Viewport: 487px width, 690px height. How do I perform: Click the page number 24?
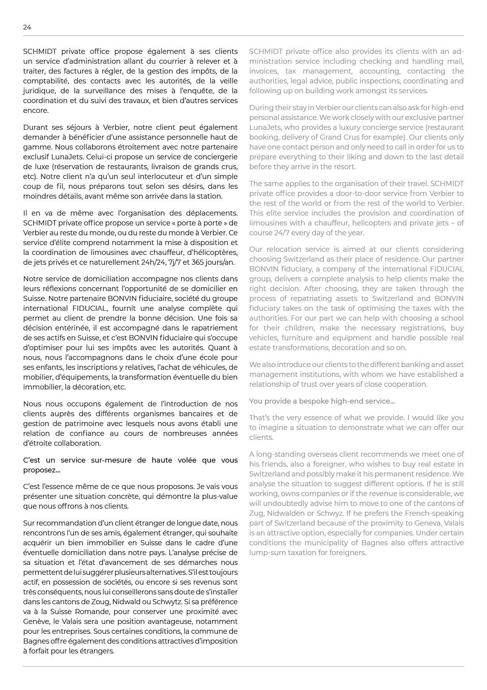pos(27,27)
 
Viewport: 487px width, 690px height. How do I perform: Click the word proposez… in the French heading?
pos(42,470)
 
